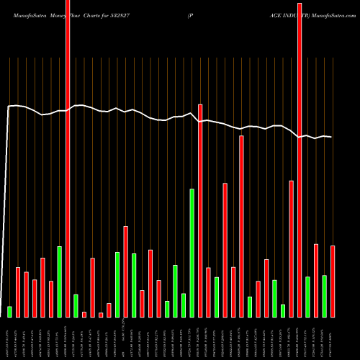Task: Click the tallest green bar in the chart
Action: pyautogui.click(x=192, y=253)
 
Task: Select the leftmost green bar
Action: pyautogui.click(x=9, y=311)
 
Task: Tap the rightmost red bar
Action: pyautogui.click(x=333, y=281)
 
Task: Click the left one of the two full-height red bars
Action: pyautogui.click(x=68, y=158)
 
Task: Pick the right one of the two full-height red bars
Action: pyautogui.click(x=300, y=158)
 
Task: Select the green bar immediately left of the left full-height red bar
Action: pyautogui.click(x=59, y=282)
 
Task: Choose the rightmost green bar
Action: pyautogui.click(x=324, y=295)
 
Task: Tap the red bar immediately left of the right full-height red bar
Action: pyautogui.click(x=291, y=248)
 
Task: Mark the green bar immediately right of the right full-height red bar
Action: pyautogui.click(x=307, y=296)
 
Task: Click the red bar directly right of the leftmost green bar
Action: pyautogui.click(x=18, y=292)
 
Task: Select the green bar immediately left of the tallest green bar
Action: pyautogui.click(x=184, y=305)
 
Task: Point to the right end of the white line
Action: pyautogui.click(x=331, y=137)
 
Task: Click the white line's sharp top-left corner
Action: pyautogui.click(x=9, y=107)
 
